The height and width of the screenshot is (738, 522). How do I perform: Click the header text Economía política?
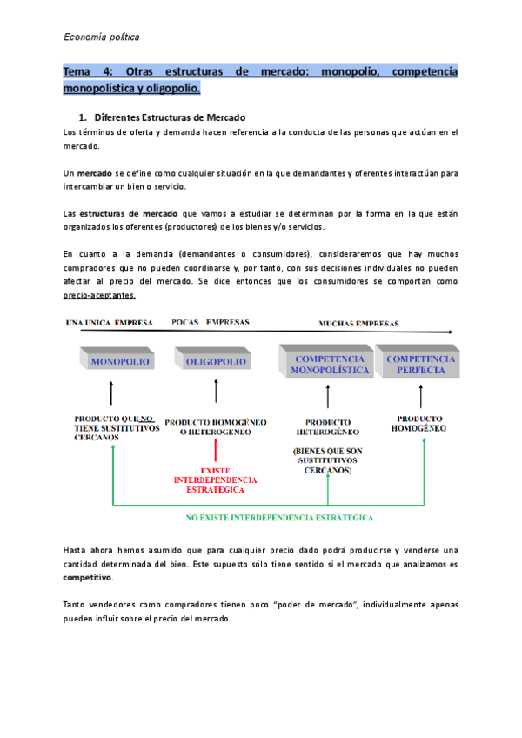(102, 37)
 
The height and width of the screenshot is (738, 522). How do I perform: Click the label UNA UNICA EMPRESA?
(110, 323)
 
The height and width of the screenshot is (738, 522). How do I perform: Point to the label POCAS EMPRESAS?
(210, 322)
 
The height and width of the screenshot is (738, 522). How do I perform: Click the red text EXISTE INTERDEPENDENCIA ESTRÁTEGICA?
(215, 479)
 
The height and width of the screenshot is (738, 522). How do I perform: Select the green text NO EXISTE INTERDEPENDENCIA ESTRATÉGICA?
(279, 517)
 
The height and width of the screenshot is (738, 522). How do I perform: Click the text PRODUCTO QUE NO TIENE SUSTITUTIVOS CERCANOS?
(117, 427)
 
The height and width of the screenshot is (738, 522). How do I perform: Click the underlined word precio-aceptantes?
(99, 295)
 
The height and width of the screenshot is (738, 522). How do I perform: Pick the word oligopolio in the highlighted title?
(173, 88)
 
